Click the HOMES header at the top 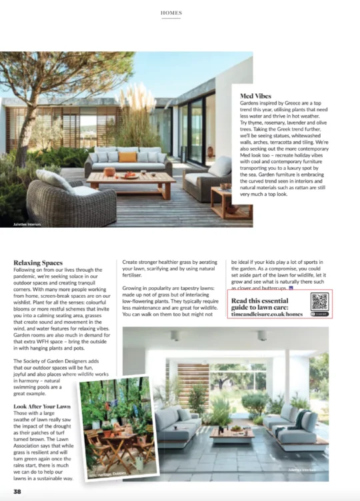pyautogui.click(x=171, y=13)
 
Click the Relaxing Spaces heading pyautogui.click(x=38, y=263)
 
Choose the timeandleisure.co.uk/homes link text pyautogui.click(x=266, y=313)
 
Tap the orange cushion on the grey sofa pyautogui.click(x=127, y=157)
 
